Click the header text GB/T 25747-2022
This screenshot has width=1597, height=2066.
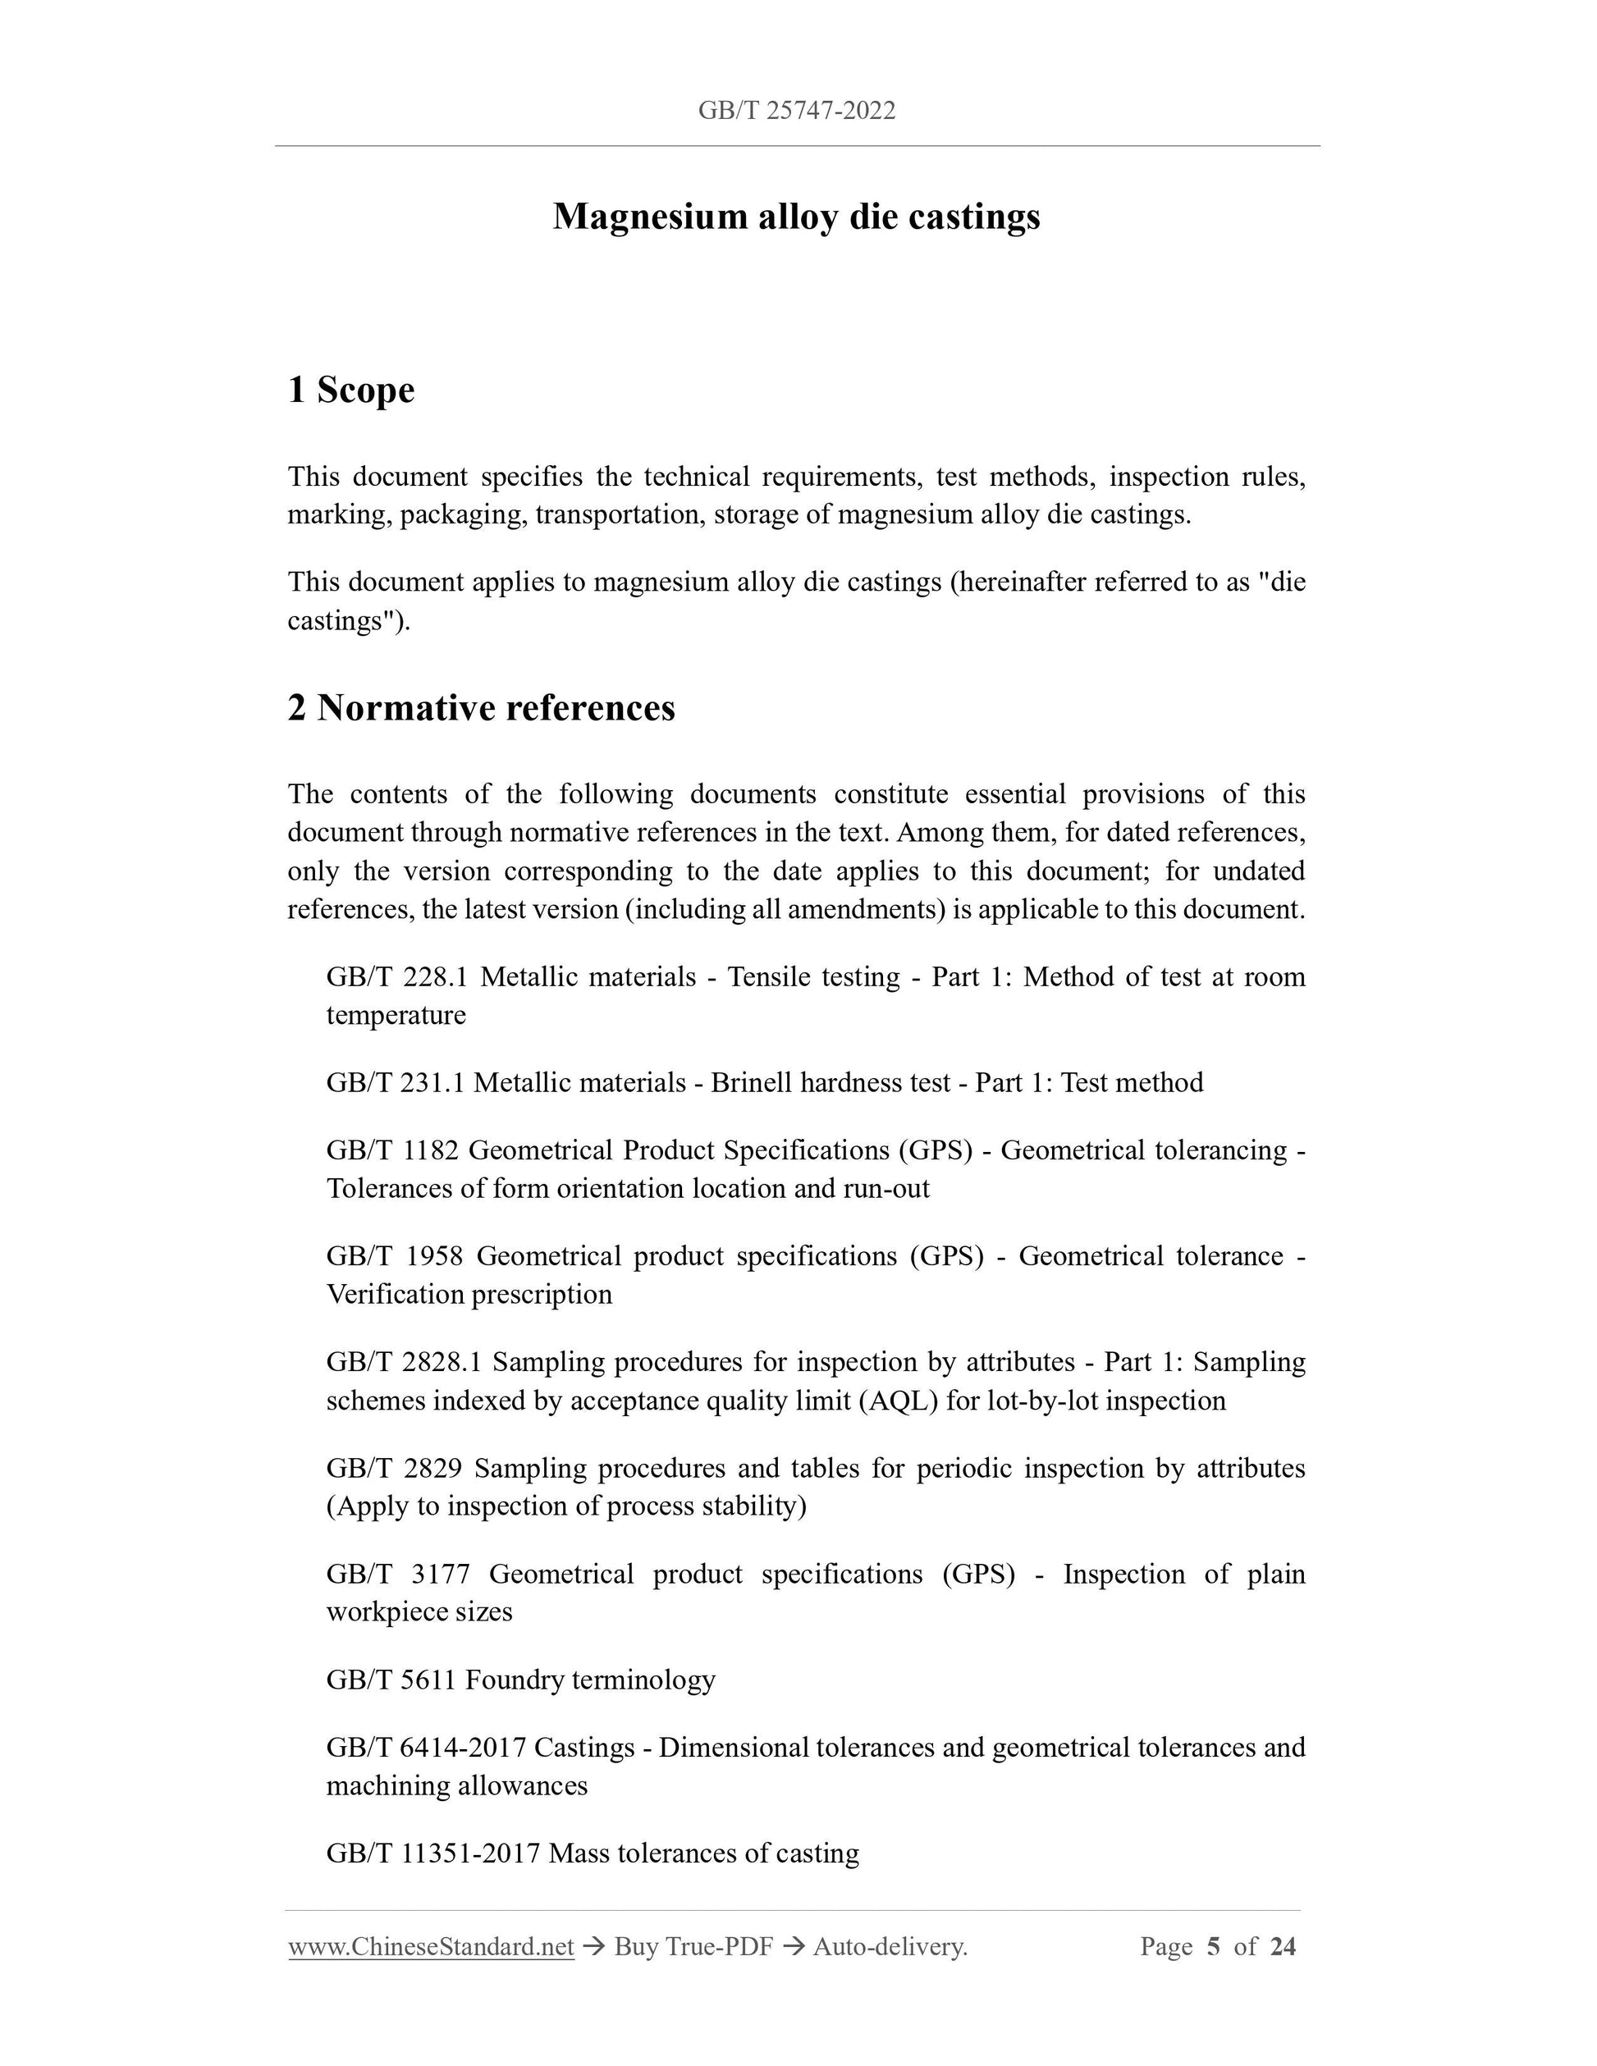point(797,111)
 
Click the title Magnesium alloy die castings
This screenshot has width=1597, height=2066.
point(797,217)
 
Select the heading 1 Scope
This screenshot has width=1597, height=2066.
point(351,390)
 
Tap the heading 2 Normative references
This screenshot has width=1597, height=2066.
point(482,707)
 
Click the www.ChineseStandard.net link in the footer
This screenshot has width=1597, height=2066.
point(432,1946)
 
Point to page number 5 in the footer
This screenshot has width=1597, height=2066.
point(1214,1946)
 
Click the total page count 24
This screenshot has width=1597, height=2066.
point(1283,1946)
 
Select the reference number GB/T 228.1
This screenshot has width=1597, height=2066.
point(396,976)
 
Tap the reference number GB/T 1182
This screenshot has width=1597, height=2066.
point(391,1150)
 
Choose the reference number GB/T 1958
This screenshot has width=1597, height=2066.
point(395,1256)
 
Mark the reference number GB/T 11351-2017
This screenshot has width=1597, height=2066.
point(432,1853)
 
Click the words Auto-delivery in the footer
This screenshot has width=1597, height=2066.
point(890,1946)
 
